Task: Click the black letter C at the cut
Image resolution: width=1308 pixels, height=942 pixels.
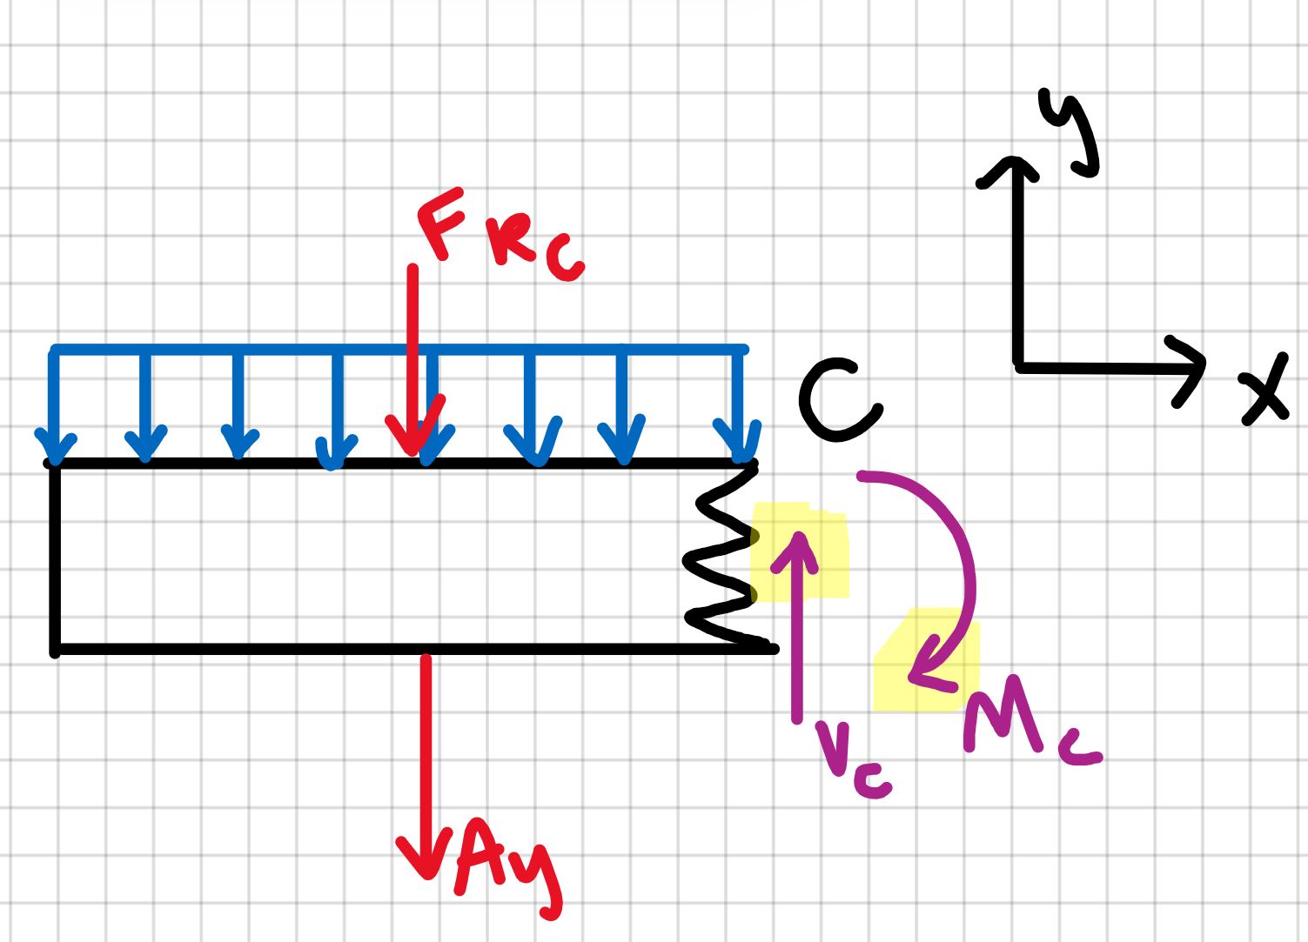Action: [837, 401]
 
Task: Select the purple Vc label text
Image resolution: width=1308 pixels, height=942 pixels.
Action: [851, 757]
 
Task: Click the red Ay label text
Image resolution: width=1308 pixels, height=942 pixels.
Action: [505, 870]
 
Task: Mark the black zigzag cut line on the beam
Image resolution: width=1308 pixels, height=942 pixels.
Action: [721, 557]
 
